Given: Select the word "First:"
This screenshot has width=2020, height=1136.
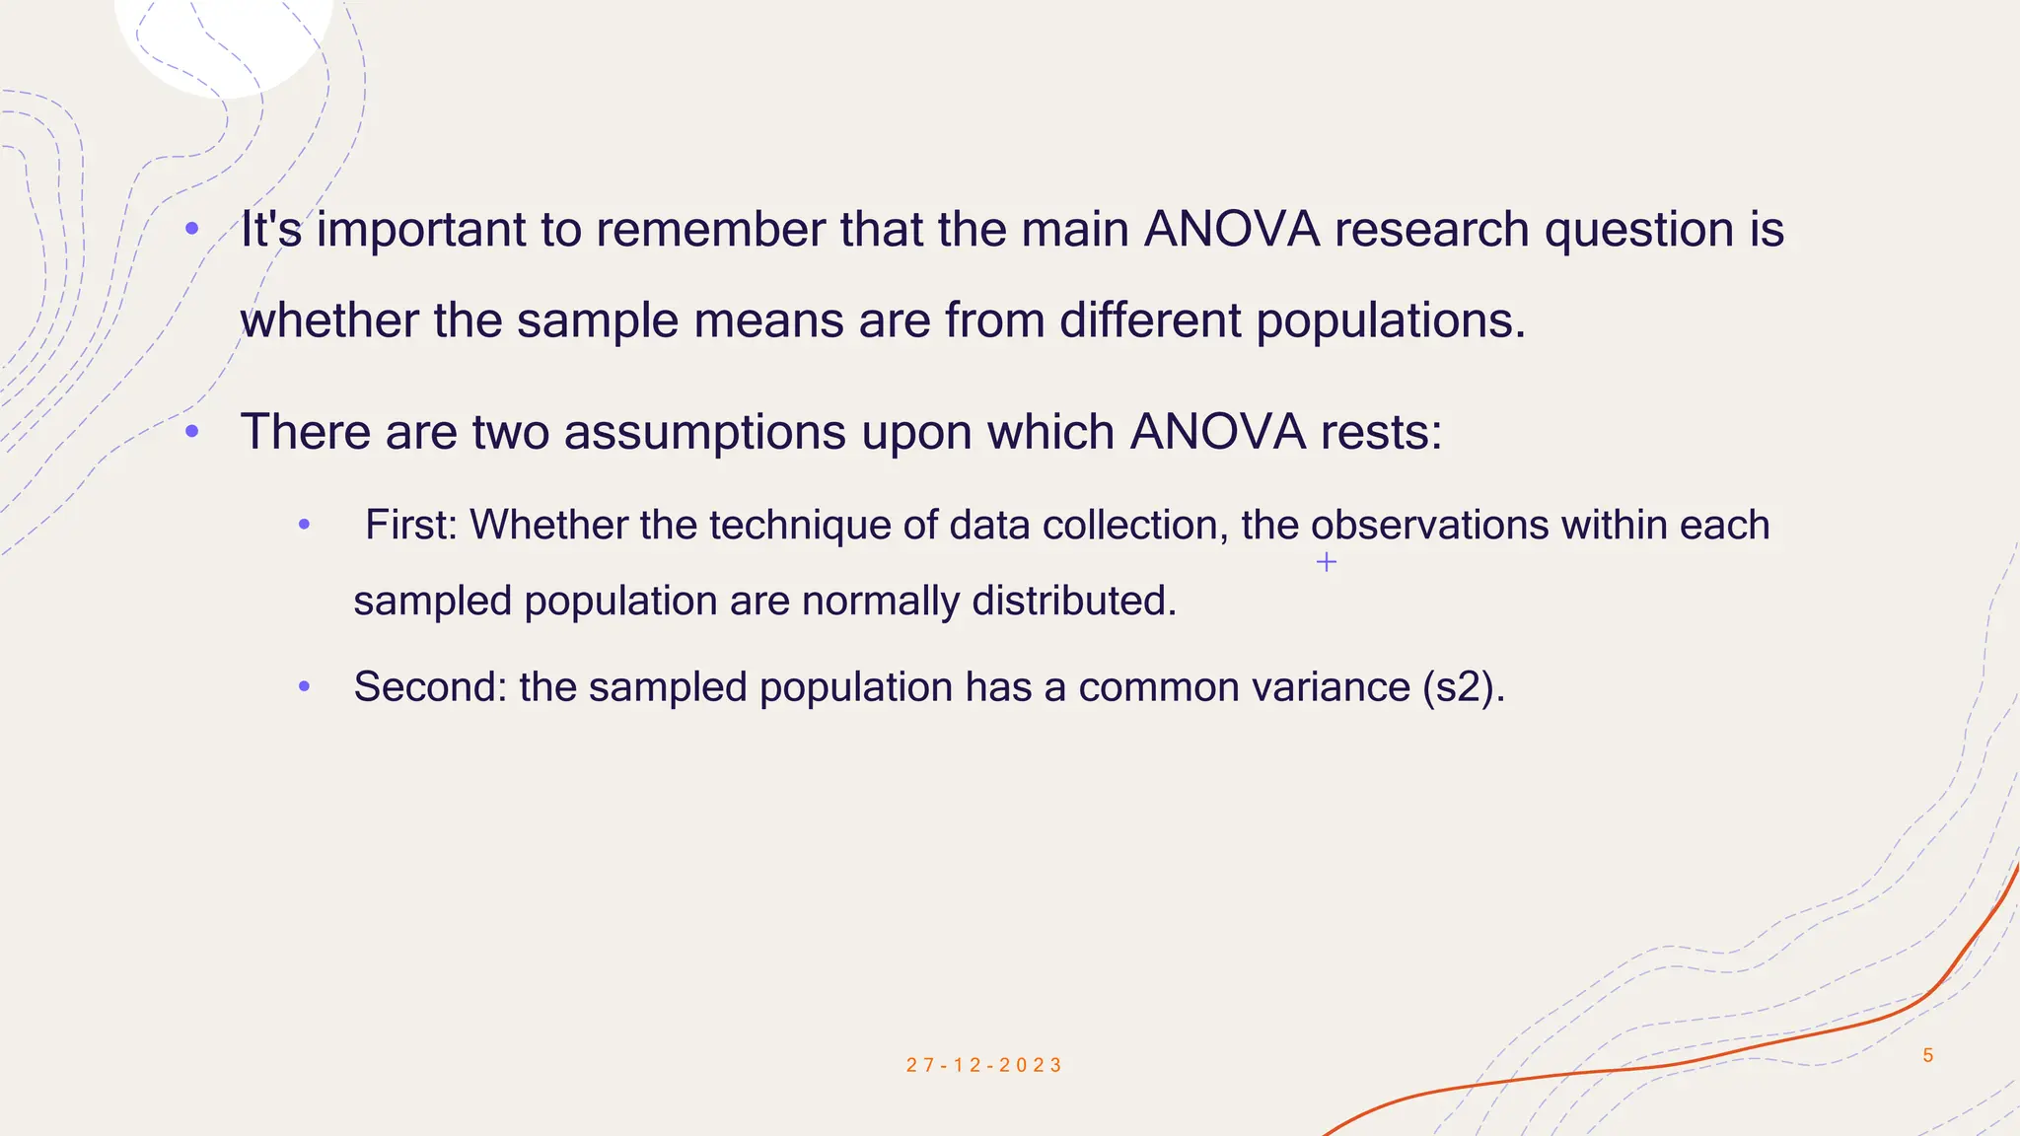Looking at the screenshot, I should [x=411, y=525].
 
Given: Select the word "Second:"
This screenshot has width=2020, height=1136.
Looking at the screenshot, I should [x=430, y=687].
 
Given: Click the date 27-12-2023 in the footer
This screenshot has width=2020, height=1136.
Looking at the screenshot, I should [x=984, y=1065].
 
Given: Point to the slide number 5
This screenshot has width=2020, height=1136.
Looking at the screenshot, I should [x=1928, y=1055].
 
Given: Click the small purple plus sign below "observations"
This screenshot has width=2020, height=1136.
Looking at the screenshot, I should [x=1327, y=562].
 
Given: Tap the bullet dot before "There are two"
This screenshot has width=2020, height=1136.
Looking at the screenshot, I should [x=192, y=432].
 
